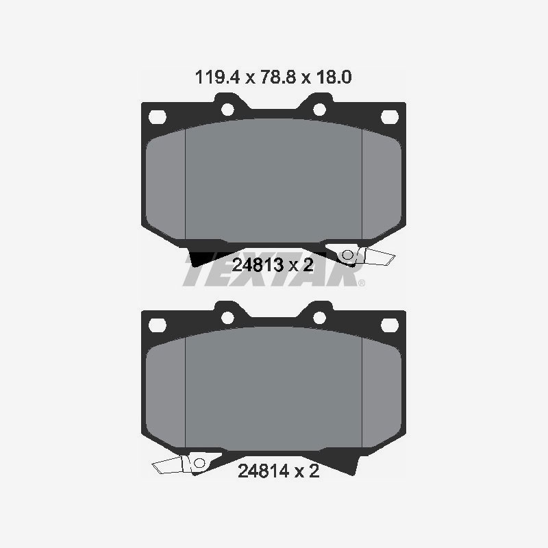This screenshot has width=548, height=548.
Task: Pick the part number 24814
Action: coord(261,471)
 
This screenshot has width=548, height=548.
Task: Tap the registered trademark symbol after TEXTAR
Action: coord(362,282)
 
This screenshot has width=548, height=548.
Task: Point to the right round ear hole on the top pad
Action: coord(318,108)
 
